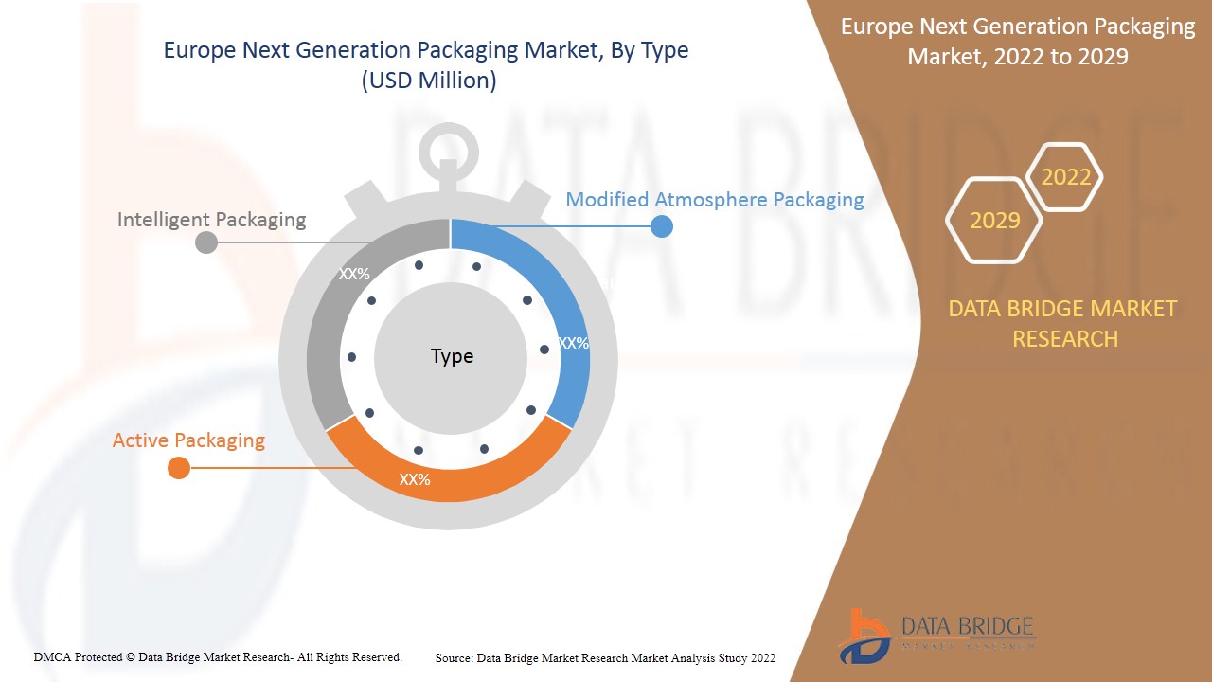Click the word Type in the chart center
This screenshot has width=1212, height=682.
point(452,356)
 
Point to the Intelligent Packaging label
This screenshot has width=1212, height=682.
point(211,220)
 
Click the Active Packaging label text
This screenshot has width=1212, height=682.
point(188,440)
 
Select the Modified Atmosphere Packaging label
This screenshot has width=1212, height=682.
point(714,200)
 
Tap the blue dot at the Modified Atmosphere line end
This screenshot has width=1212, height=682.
point(662,226)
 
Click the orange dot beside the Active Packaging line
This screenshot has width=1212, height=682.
point(178,468)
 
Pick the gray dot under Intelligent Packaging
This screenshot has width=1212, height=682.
point(205,242)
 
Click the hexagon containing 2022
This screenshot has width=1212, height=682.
point(1065,177)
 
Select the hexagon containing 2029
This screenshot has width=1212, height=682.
point(994,221)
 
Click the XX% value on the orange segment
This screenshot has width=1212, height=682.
point(415,480)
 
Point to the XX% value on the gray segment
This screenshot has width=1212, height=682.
point(354,275)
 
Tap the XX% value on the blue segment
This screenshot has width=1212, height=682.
point(573,344)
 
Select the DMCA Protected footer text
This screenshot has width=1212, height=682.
point(218,656)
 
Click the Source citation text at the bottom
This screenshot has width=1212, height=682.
point(605,657)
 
